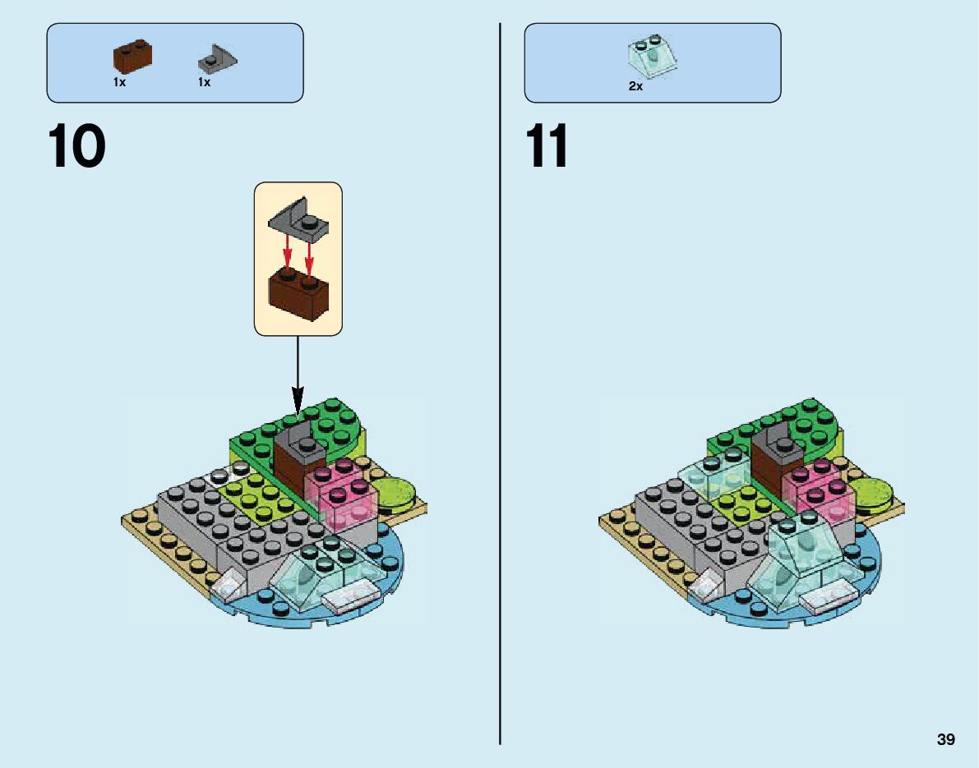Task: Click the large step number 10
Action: click(x=77, y=146)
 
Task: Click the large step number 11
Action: click(x=548, y=146)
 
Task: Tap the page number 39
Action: click(x=945, y=741)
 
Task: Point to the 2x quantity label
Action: click(x=635, y=86)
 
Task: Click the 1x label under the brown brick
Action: click(x=120, y=83)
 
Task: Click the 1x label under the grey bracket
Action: click(x=204, y=83)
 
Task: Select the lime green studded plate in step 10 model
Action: click(x=255, y=501)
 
